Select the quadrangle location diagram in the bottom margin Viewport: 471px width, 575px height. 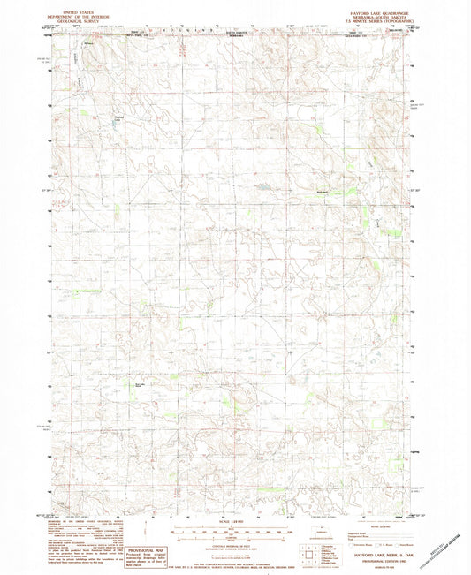coord(306,556)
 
